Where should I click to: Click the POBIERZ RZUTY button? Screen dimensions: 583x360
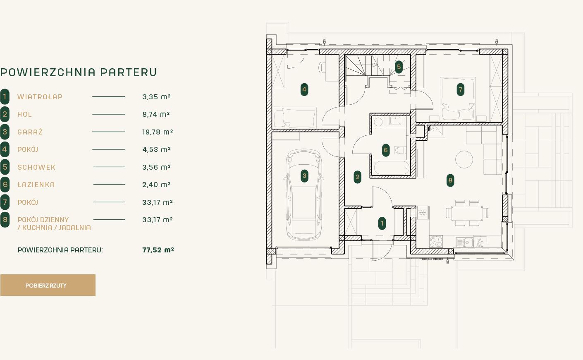(x=48, y=285)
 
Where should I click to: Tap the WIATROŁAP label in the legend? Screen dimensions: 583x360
(x=40, y=97)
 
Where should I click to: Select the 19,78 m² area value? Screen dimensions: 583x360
(x=158, y=132)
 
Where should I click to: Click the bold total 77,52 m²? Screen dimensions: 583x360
(x=158, y=250)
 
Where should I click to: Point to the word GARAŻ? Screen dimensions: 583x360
(x=30, y=132)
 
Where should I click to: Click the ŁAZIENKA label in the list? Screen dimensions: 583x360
(x=36, y=185)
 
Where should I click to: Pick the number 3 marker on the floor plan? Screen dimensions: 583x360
(x=304, y=176)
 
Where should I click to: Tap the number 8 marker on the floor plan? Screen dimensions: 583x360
(x=450, y=180)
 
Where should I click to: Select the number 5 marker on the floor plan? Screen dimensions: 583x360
(x=399, y=67)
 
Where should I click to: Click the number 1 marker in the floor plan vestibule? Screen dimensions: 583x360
(x=382, y=223)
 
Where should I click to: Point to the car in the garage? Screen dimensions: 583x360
(x=304, y=194)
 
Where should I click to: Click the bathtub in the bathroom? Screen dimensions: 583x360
(x=392, y=168)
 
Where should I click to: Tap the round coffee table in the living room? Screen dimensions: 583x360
(x=464, y=159)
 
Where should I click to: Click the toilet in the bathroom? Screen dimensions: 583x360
(x=400, y=150)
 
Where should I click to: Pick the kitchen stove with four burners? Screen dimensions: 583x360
(x=436, y=241)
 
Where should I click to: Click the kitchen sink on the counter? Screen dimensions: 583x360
(x=465, y=242)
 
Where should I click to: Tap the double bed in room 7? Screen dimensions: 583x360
(x=458, y=99)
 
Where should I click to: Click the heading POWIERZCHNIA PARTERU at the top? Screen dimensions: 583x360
(x=78, y=72)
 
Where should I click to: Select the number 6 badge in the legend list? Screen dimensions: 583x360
(x=5, y=185)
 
